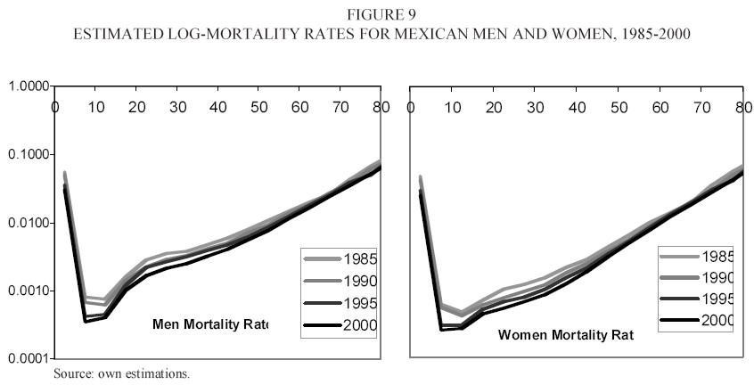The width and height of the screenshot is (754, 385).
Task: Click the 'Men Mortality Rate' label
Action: [x=210, y=324]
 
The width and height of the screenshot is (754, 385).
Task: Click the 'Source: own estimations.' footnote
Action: [x=121, y=373]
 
